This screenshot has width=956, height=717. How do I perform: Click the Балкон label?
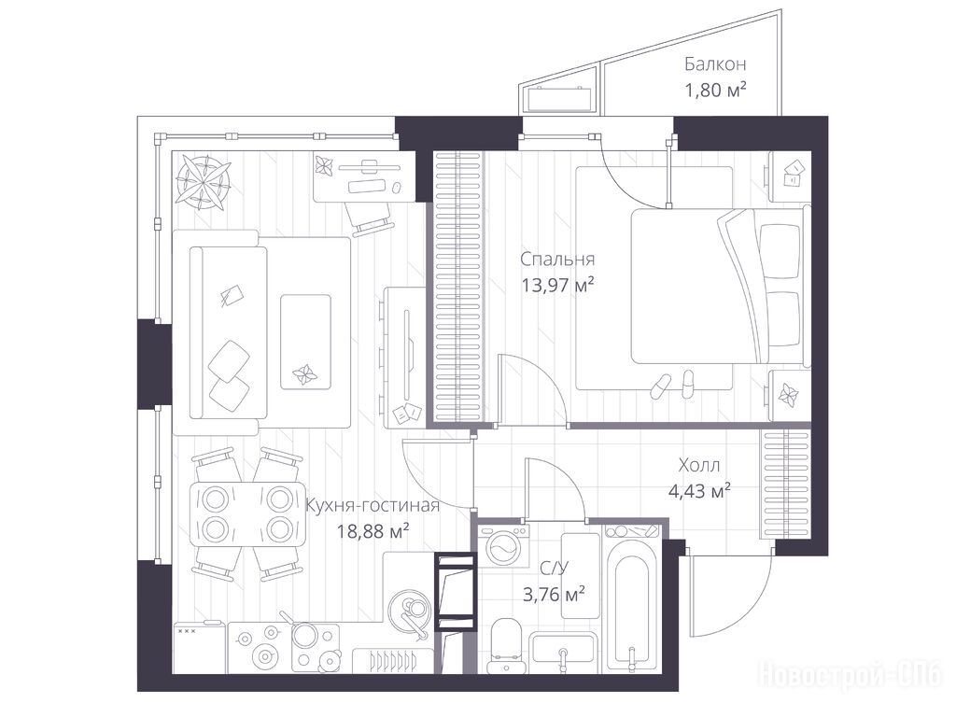coord(715,64)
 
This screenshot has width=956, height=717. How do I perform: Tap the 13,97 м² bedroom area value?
coord(558,285)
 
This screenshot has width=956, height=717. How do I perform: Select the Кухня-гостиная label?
coord(372,506)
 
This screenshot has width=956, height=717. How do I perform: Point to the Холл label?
coord(699,466)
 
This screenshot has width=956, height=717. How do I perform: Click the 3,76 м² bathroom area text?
coord(555,593)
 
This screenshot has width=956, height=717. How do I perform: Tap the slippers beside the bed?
coord(672,384)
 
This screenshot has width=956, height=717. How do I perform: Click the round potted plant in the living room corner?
coord(203,180)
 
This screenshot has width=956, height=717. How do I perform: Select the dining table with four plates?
coord(246,513)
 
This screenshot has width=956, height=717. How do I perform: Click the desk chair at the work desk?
coord(369,218)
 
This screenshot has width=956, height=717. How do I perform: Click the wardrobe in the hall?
coord(785,485)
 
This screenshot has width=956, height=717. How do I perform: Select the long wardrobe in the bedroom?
coord(459,287)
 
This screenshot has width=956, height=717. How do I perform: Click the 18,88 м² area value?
coord(373,531)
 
